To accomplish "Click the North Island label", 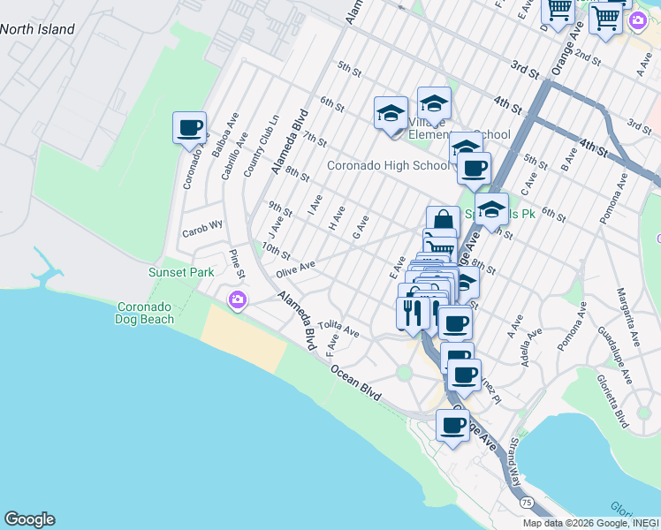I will coord(37,29).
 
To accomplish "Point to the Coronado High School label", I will coord(388,165).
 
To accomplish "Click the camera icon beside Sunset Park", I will coord(237,300).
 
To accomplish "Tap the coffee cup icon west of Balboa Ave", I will coord(190,128).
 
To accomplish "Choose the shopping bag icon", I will coord(443,220).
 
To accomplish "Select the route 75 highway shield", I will coord(527,502).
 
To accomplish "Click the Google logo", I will coord(29,519).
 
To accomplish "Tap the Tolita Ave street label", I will coord(339,329).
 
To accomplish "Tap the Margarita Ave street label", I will coord(633,316).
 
